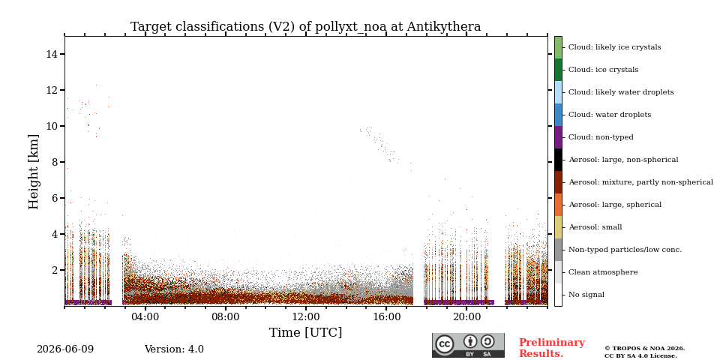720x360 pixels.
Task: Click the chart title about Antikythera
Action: [x=305, y=27]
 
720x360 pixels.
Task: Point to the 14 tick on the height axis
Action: [x=52, y=54]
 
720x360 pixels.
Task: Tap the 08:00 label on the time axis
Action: [x=226, y=317]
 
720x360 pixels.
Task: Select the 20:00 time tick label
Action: [x=466, y=317]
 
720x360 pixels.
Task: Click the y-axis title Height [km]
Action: [x=34, y=172]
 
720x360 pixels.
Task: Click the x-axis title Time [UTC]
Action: [x=305, y=332]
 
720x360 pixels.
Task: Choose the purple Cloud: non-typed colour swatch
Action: [x=558, y=137]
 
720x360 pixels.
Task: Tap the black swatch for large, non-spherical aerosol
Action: [x=558, y=160]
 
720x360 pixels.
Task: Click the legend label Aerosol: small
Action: [x=595, y=227]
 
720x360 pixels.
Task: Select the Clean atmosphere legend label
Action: [x=603, y=272]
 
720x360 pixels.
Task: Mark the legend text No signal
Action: [x=586, y=295]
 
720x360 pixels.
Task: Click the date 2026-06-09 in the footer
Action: [x=65, y=349]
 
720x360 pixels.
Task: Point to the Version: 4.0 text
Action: [x=174, y=349]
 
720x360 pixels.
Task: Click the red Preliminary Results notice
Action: [x=552, y=348]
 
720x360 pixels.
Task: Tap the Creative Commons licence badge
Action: [x=468, y=345]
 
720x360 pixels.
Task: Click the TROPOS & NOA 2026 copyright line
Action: [x=644, y=349]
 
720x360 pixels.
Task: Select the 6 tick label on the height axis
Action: [x=55, y=198]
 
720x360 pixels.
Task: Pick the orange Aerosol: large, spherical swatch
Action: [x=558, y=205]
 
